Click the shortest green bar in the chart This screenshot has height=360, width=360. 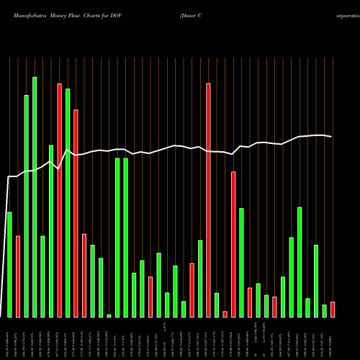(109, 315)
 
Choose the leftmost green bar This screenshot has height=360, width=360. (9, 264)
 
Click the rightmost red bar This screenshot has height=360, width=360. (333, 310)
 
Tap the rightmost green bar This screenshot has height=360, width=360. (324, 310)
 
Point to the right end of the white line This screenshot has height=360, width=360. (332, 136)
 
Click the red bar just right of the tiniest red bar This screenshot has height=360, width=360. (233, 244)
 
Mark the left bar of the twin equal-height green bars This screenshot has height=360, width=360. (117, 238)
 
